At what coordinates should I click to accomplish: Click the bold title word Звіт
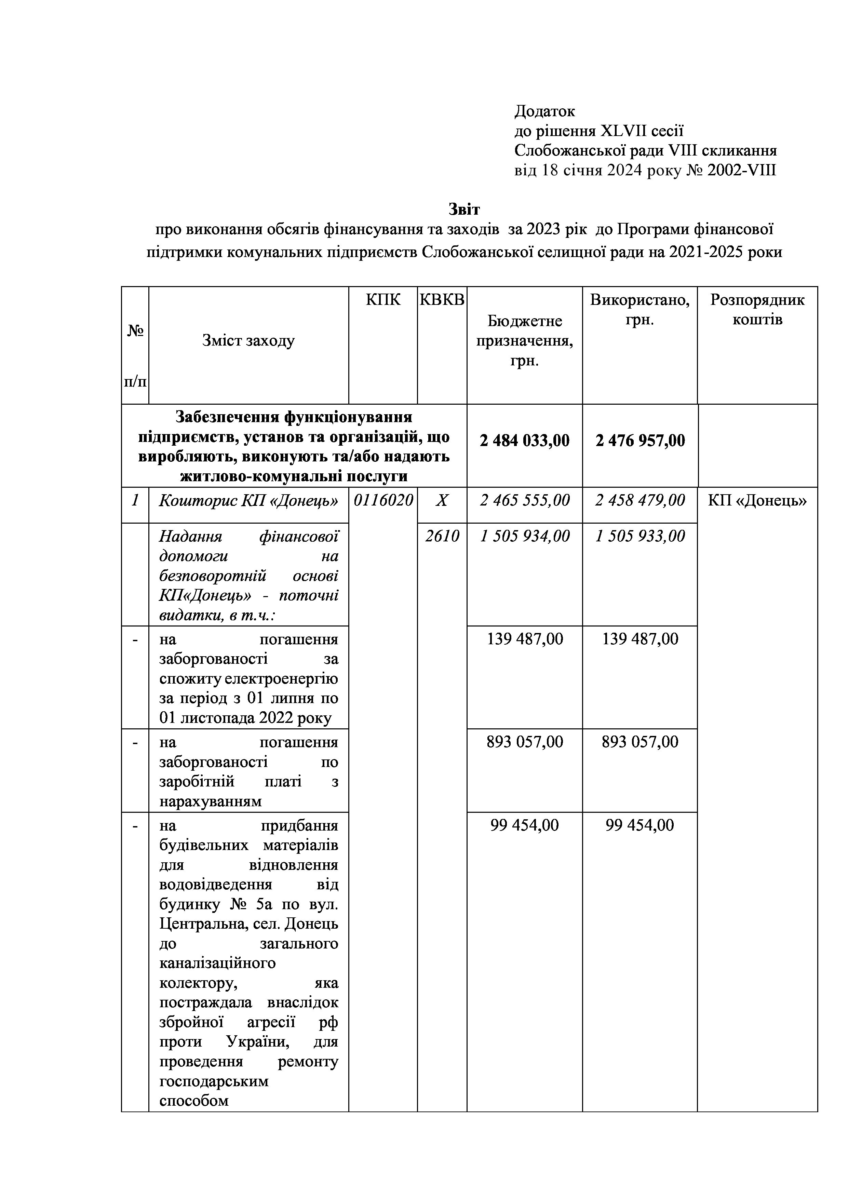click(x=464, y=210)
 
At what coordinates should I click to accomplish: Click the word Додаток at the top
click(x=544, y=111)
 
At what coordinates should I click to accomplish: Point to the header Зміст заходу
click(x=248, y=341)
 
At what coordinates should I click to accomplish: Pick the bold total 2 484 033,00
click(x=524, y=441)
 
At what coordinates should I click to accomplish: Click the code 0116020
click(x=383, y=501)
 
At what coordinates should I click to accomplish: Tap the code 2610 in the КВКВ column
click(x=442, y=536)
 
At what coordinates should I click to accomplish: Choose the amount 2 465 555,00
click(x=525, y=501)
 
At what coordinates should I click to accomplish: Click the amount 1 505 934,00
click(x=525, y=536)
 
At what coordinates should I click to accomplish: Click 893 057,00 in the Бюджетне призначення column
click(x=525, y=742)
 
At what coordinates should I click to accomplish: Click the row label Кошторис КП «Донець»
click(x=248, y=501)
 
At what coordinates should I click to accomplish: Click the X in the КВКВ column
click(x=442, y=501)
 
